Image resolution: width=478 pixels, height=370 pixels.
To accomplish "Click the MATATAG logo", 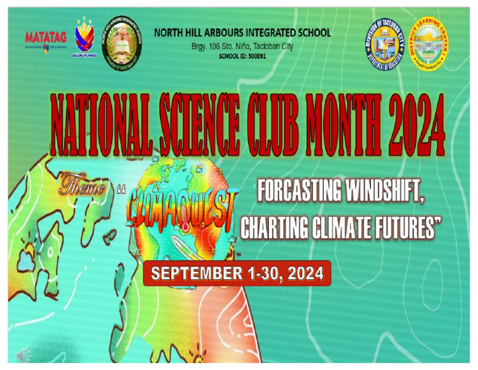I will (x=44, y=39).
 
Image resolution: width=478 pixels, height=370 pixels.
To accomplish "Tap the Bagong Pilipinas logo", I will (x=85, y=38).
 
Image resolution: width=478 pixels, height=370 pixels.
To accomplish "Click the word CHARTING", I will (x=283, y=229).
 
